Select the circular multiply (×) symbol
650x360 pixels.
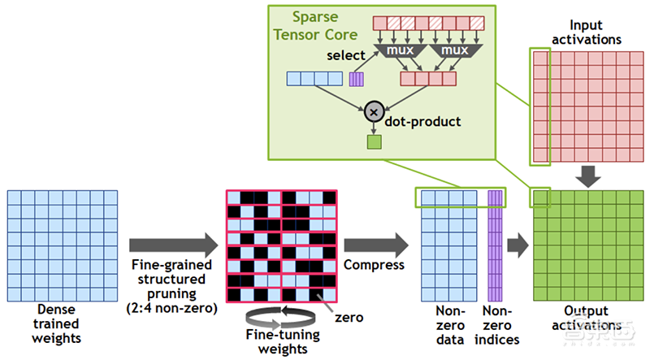pos(375,111)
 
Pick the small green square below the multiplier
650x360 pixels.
pos(375,142)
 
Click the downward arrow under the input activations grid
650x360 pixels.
pos(590,173)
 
